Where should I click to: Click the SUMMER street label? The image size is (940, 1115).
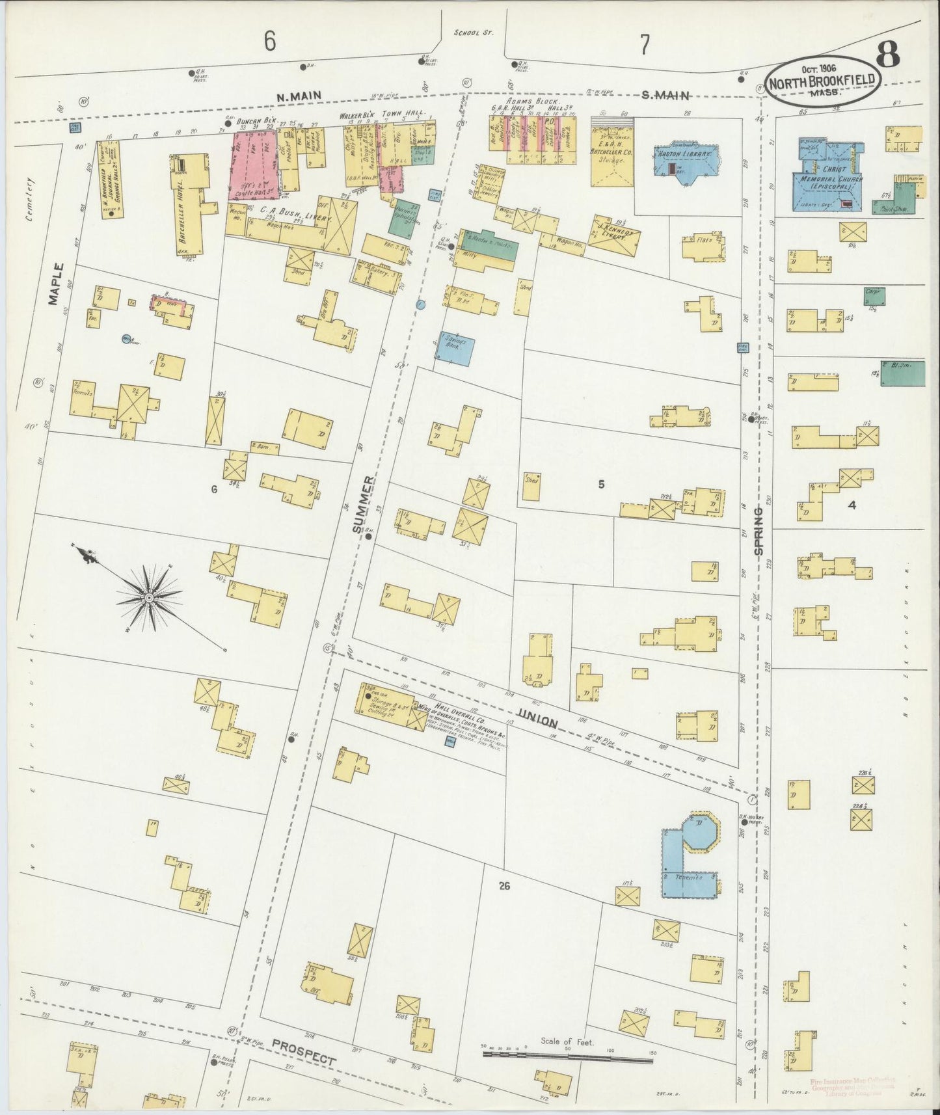pyautogui.click(x=365, y=504)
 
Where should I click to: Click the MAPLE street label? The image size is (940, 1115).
pyautogui.click(x=57, y=284)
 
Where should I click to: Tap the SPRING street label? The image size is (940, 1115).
pyautogui.click(x=759, y=531)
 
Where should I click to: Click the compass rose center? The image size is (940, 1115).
pyautogui.click(x=149, y=596)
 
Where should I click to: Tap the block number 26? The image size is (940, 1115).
pyautogui.click(x=504, y=885)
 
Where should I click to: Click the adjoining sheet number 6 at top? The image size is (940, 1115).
pyautogui.click(x=269, y=42)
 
